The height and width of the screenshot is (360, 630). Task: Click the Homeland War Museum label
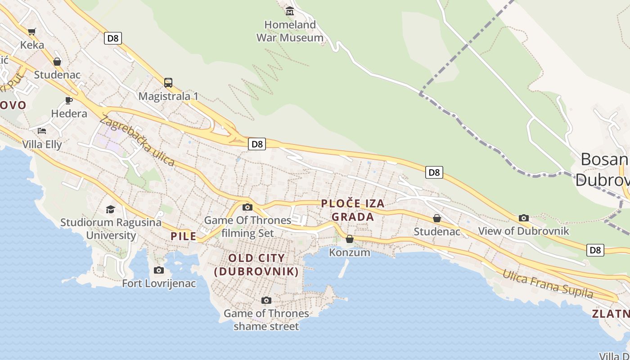pos(290,31)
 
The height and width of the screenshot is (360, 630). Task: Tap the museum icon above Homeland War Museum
pos(290,11)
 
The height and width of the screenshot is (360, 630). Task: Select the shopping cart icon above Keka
pos(31,31)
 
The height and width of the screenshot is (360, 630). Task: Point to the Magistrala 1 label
pos(168,96)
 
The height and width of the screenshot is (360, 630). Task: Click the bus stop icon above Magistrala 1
pos(168,82)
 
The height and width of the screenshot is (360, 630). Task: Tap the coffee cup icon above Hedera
pos(69,100)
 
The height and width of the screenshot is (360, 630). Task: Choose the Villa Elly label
pos(42,144)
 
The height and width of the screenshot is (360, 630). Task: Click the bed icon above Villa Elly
pos(42,131)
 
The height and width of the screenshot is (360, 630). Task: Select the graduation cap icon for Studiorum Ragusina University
pos(110,209)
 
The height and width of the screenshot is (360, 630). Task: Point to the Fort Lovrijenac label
pos(159,283)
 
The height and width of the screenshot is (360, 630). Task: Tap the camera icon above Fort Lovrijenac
pos(159,270)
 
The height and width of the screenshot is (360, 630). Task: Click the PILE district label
pos(184,236)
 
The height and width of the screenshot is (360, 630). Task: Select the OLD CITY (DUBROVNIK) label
pos(256,265)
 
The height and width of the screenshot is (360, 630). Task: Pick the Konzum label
pos(350,252)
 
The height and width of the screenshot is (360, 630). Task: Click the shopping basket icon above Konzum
pos(350,239)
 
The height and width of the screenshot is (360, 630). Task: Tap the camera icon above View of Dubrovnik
pos(524,218)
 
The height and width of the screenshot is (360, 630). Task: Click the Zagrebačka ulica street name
pos(137,140)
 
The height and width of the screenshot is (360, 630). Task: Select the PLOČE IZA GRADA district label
pos(353,210)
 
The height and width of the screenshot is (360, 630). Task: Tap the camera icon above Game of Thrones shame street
pos(266,300)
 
